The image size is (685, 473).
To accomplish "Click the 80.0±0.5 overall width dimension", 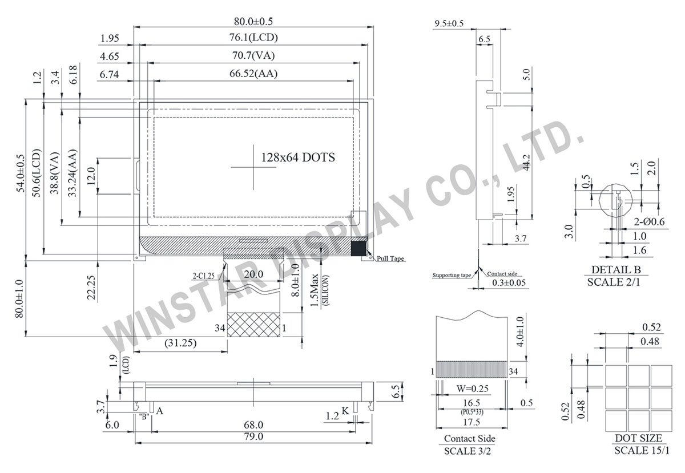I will (253, 21).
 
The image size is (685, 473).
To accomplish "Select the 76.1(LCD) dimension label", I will (253, 38).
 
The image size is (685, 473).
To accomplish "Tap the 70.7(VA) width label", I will (253, 56).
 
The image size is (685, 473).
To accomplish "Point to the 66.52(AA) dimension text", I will (253, 74).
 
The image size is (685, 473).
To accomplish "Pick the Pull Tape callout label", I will (390, 259).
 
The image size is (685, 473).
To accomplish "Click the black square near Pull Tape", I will (358, 248).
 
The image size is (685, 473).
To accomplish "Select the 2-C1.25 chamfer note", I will (203, 275).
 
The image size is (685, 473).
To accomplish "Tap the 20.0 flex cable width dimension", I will (253, 274).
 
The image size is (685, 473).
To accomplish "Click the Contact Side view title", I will (469, 438).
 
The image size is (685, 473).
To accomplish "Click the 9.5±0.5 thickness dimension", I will (449, 23).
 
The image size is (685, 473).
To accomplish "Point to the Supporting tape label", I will (452, 275).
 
